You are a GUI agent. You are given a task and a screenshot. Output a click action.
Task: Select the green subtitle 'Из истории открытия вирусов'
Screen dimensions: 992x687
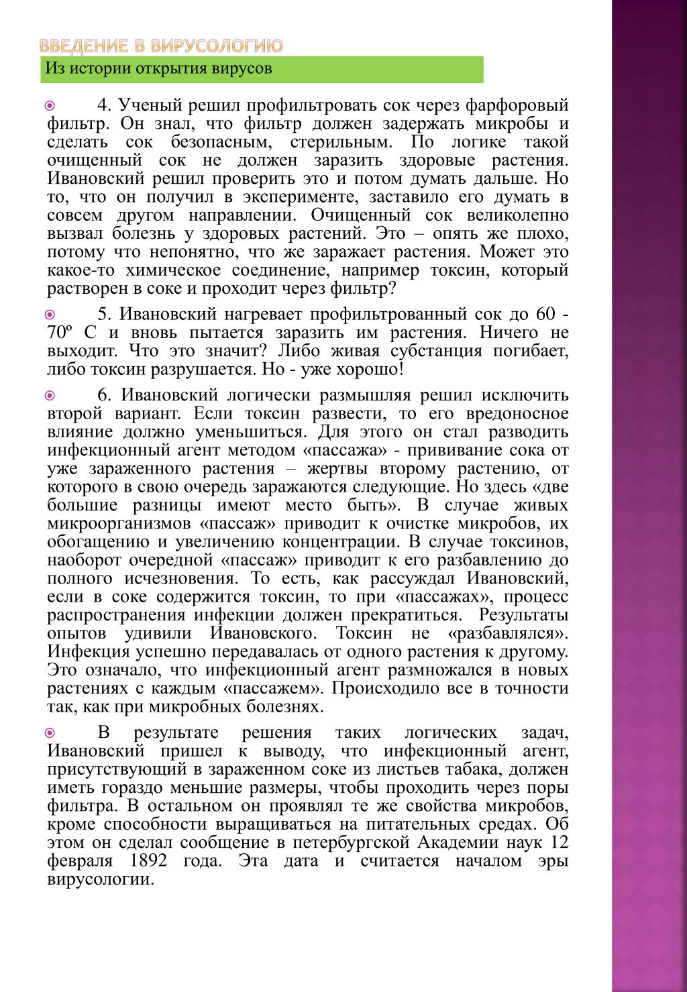[x=158, y=68]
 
